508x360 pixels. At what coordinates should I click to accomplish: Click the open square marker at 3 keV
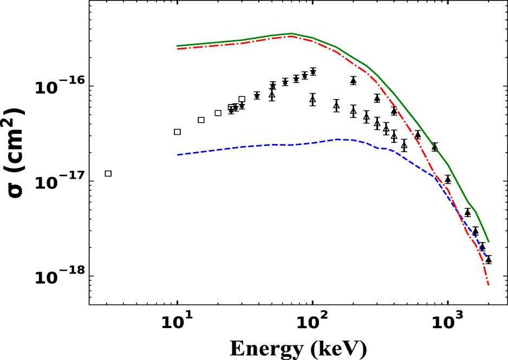coord(108,173)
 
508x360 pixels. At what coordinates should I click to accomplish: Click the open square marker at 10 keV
coord(177,132)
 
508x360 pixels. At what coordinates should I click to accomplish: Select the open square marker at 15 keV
coord(201,120)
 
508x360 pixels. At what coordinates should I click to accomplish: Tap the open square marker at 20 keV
coord(218,113)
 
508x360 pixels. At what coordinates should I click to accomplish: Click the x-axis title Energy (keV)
coord(298,348)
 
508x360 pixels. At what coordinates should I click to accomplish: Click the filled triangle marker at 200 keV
coord(353,81)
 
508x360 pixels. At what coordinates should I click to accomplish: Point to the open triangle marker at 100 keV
coord(312,99)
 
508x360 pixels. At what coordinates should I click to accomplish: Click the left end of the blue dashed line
coord(177,155)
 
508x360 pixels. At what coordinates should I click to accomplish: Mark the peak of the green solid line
coord(291,34)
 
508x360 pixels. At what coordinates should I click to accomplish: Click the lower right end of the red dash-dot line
coord(489,285)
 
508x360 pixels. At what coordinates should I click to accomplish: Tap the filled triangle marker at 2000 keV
coord(489,259)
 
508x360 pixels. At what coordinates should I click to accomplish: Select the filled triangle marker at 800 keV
coord(434,147)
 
